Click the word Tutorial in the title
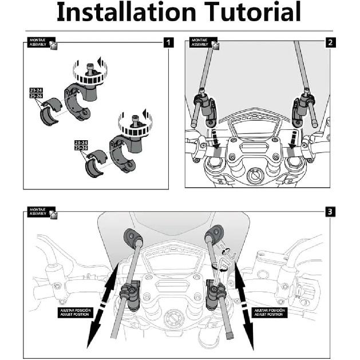point(251,13)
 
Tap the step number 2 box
point(330,42)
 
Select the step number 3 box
point(330,212)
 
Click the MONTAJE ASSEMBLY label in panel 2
point(201,42)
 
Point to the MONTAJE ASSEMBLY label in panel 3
point(40,212)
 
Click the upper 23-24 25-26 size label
point(36,93)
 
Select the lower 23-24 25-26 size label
point(82,145)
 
